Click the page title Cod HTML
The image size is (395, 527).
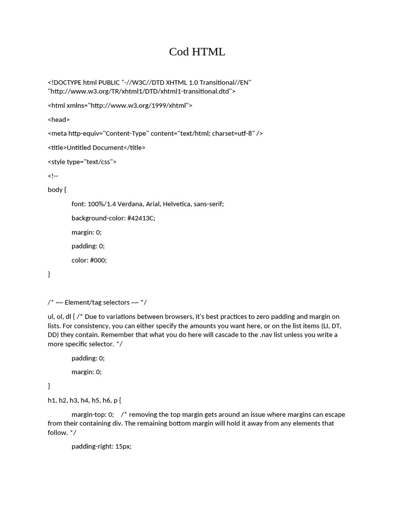click(197, 52)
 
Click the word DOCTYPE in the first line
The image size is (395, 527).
click(68, 82)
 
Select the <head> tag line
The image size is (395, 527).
click(59, 119)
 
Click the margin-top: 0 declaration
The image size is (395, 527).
click(92, 414)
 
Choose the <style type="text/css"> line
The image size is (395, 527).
click(82, 162)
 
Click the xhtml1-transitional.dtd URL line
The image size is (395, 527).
click(141, 91)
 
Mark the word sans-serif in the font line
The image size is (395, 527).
click(209, 204)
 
